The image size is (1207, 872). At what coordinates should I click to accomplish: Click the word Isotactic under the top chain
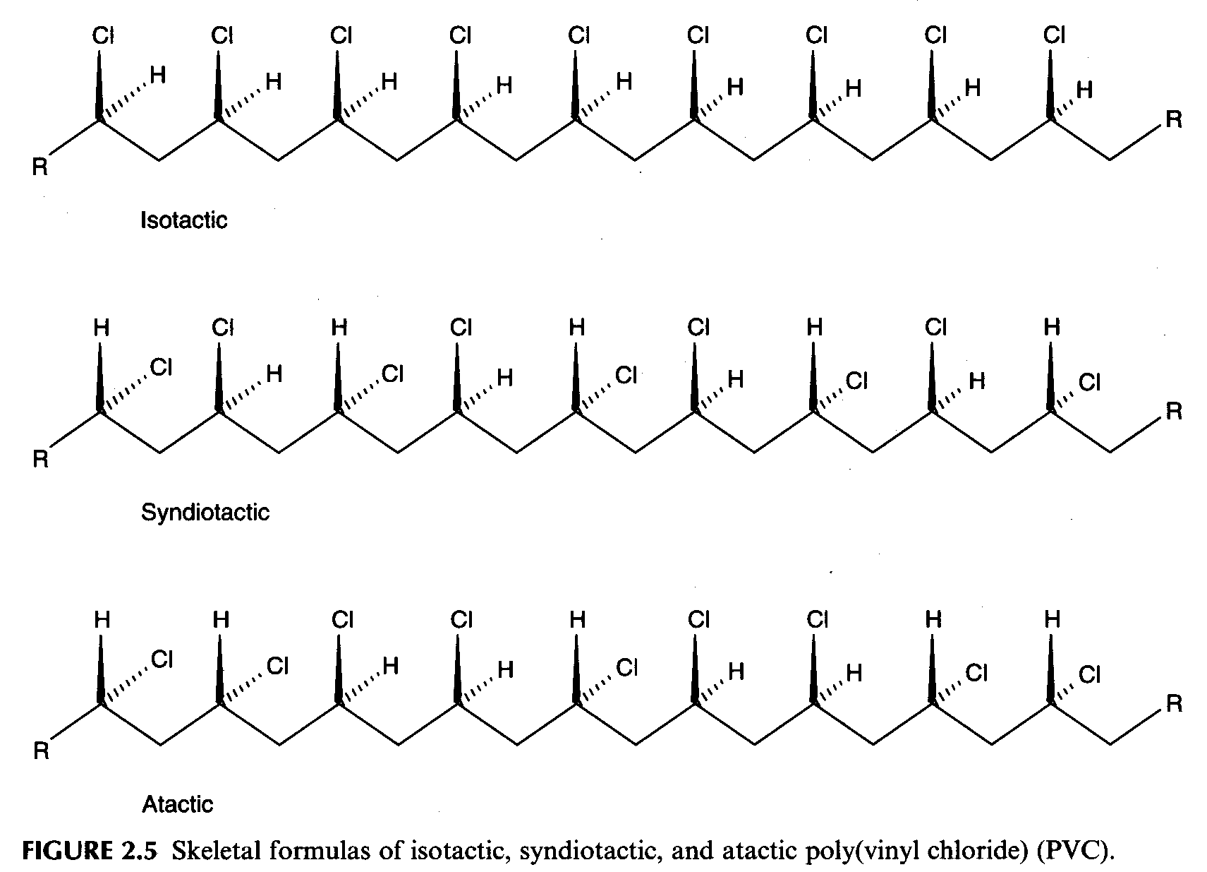click(x=183, y=220)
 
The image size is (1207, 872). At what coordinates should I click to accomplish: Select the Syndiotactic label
click(x=205, y=513)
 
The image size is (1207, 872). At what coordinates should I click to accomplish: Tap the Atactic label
click(x=177, y=805)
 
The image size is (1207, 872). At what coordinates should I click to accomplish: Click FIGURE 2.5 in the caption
click(x=90, y=851)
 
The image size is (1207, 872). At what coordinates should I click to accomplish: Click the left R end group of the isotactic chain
click(x=40, y=167)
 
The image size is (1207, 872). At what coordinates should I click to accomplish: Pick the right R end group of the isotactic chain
click(x=1174, y=119)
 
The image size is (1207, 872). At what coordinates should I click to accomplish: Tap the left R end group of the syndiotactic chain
click(x=40, y=459)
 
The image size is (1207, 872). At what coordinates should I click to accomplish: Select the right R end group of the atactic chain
click(x=1174, y=704)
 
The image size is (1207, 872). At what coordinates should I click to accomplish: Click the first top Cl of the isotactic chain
click(x=103, y=35)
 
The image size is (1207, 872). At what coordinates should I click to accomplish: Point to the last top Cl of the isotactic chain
click(x=1054, y=35)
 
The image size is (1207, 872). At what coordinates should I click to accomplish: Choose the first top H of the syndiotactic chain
click(x=102, y=328)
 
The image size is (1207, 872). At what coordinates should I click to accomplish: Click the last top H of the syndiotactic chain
click(x=1052, y=327)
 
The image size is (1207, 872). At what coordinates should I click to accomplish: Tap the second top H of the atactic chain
click(x=221, y=620)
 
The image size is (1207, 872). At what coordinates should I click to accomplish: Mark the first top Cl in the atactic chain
click(x=343, y=620)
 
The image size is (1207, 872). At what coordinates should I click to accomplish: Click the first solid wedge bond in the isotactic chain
click(x=99, y=85)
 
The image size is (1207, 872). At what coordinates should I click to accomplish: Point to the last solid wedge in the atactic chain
click(x=1050, y=669)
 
